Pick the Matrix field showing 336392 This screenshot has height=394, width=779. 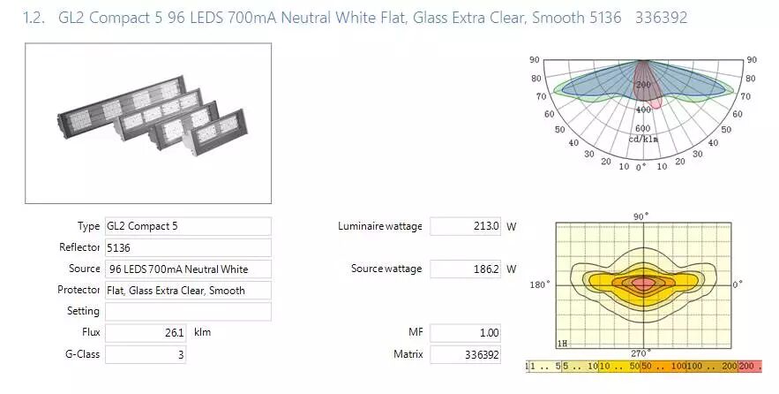pos(465,354)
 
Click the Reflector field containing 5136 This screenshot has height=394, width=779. pos(188,247)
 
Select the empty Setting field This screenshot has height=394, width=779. pos(188,312)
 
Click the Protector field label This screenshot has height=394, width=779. pos(79,290)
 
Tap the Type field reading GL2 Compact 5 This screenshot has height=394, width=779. pos(188,226)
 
